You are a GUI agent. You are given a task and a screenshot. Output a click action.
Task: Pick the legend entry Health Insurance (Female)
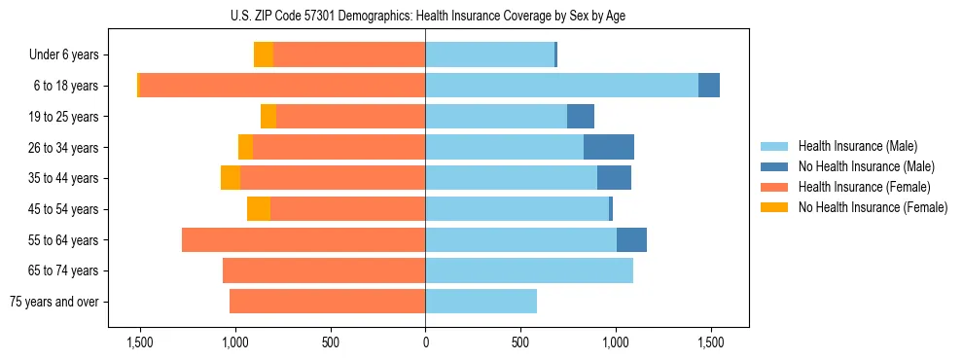pos(864,187)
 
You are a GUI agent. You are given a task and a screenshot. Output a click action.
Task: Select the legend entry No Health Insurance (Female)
pos(873,207)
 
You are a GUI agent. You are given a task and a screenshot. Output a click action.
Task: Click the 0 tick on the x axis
pos(425,342)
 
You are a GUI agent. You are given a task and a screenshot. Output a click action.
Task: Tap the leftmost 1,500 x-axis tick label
pos(140,342)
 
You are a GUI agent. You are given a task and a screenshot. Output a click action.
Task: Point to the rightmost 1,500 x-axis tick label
pos(710,342)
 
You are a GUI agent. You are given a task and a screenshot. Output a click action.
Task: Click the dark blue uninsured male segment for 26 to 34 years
pos(609,147)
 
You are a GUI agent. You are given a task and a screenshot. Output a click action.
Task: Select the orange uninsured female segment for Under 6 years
pos(264,54)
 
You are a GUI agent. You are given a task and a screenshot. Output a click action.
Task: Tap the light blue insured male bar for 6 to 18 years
pos(561,86)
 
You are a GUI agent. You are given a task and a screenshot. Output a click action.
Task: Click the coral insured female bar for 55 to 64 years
pos(303,239)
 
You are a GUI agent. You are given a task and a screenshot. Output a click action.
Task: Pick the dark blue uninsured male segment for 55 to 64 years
pos(631,239)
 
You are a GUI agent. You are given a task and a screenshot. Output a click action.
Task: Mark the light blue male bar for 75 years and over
pos(481,302)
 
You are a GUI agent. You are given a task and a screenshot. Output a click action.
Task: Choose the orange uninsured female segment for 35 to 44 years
pos(231,178)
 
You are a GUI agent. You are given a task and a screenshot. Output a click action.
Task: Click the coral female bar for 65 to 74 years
pos(324,270)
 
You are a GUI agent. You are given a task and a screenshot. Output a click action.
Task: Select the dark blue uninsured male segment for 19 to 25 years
pos(581,117)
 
